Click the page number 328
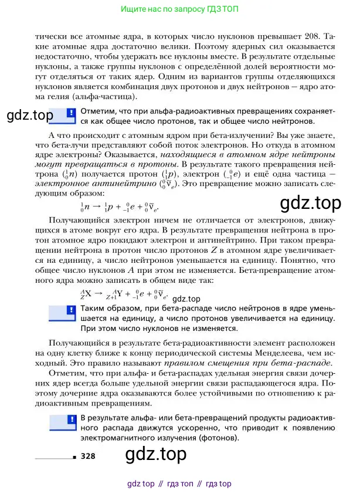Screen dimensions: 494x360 [x=88, y=456]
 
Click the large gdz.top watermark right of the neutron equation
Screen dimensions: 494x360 [x=310, y=203]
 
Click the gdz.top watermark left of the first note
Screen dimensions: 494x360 [x=29, y=115]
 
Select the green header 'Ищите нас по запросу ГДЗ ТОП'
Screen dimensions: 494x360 [x=179, y=9]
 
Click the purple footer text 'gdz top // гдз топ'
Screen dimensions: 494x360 [x=179, y=484]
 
